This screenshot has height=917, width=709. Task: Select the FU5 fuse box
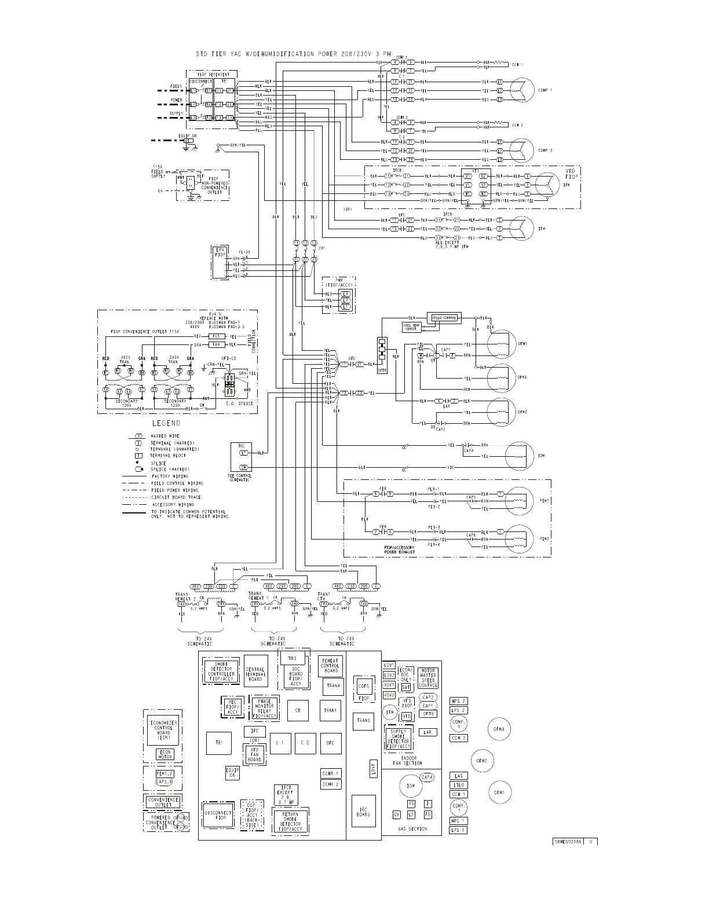point(215,336)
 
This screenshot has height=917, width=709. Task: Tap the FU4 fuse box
point(215,344)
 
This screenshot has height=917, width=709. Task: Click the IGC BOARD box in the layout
point(363,812)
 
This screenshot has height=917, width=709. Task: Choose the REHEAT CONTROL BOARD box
point(330,665)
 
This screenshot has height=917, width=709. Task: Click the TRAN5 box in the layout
point(363,721)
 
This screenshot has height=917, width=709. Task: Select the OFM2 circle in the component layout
point(481,761)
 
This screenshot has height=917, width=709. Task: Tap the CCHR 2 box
point(330,784)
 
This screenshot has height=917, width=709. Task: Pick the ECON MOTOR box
point(165,754)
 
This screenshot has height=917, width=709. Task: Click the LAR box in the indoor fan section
point(427,732)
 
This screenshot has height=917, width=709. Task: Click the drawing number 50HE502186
point(566,841)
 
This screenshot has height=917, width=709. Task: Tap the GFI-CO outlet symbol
point(230,380)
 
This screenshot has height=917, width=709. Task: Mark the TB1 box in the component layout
point(218,743)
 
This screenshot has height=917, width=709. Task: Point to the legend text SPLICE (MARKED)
point(171,469)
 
